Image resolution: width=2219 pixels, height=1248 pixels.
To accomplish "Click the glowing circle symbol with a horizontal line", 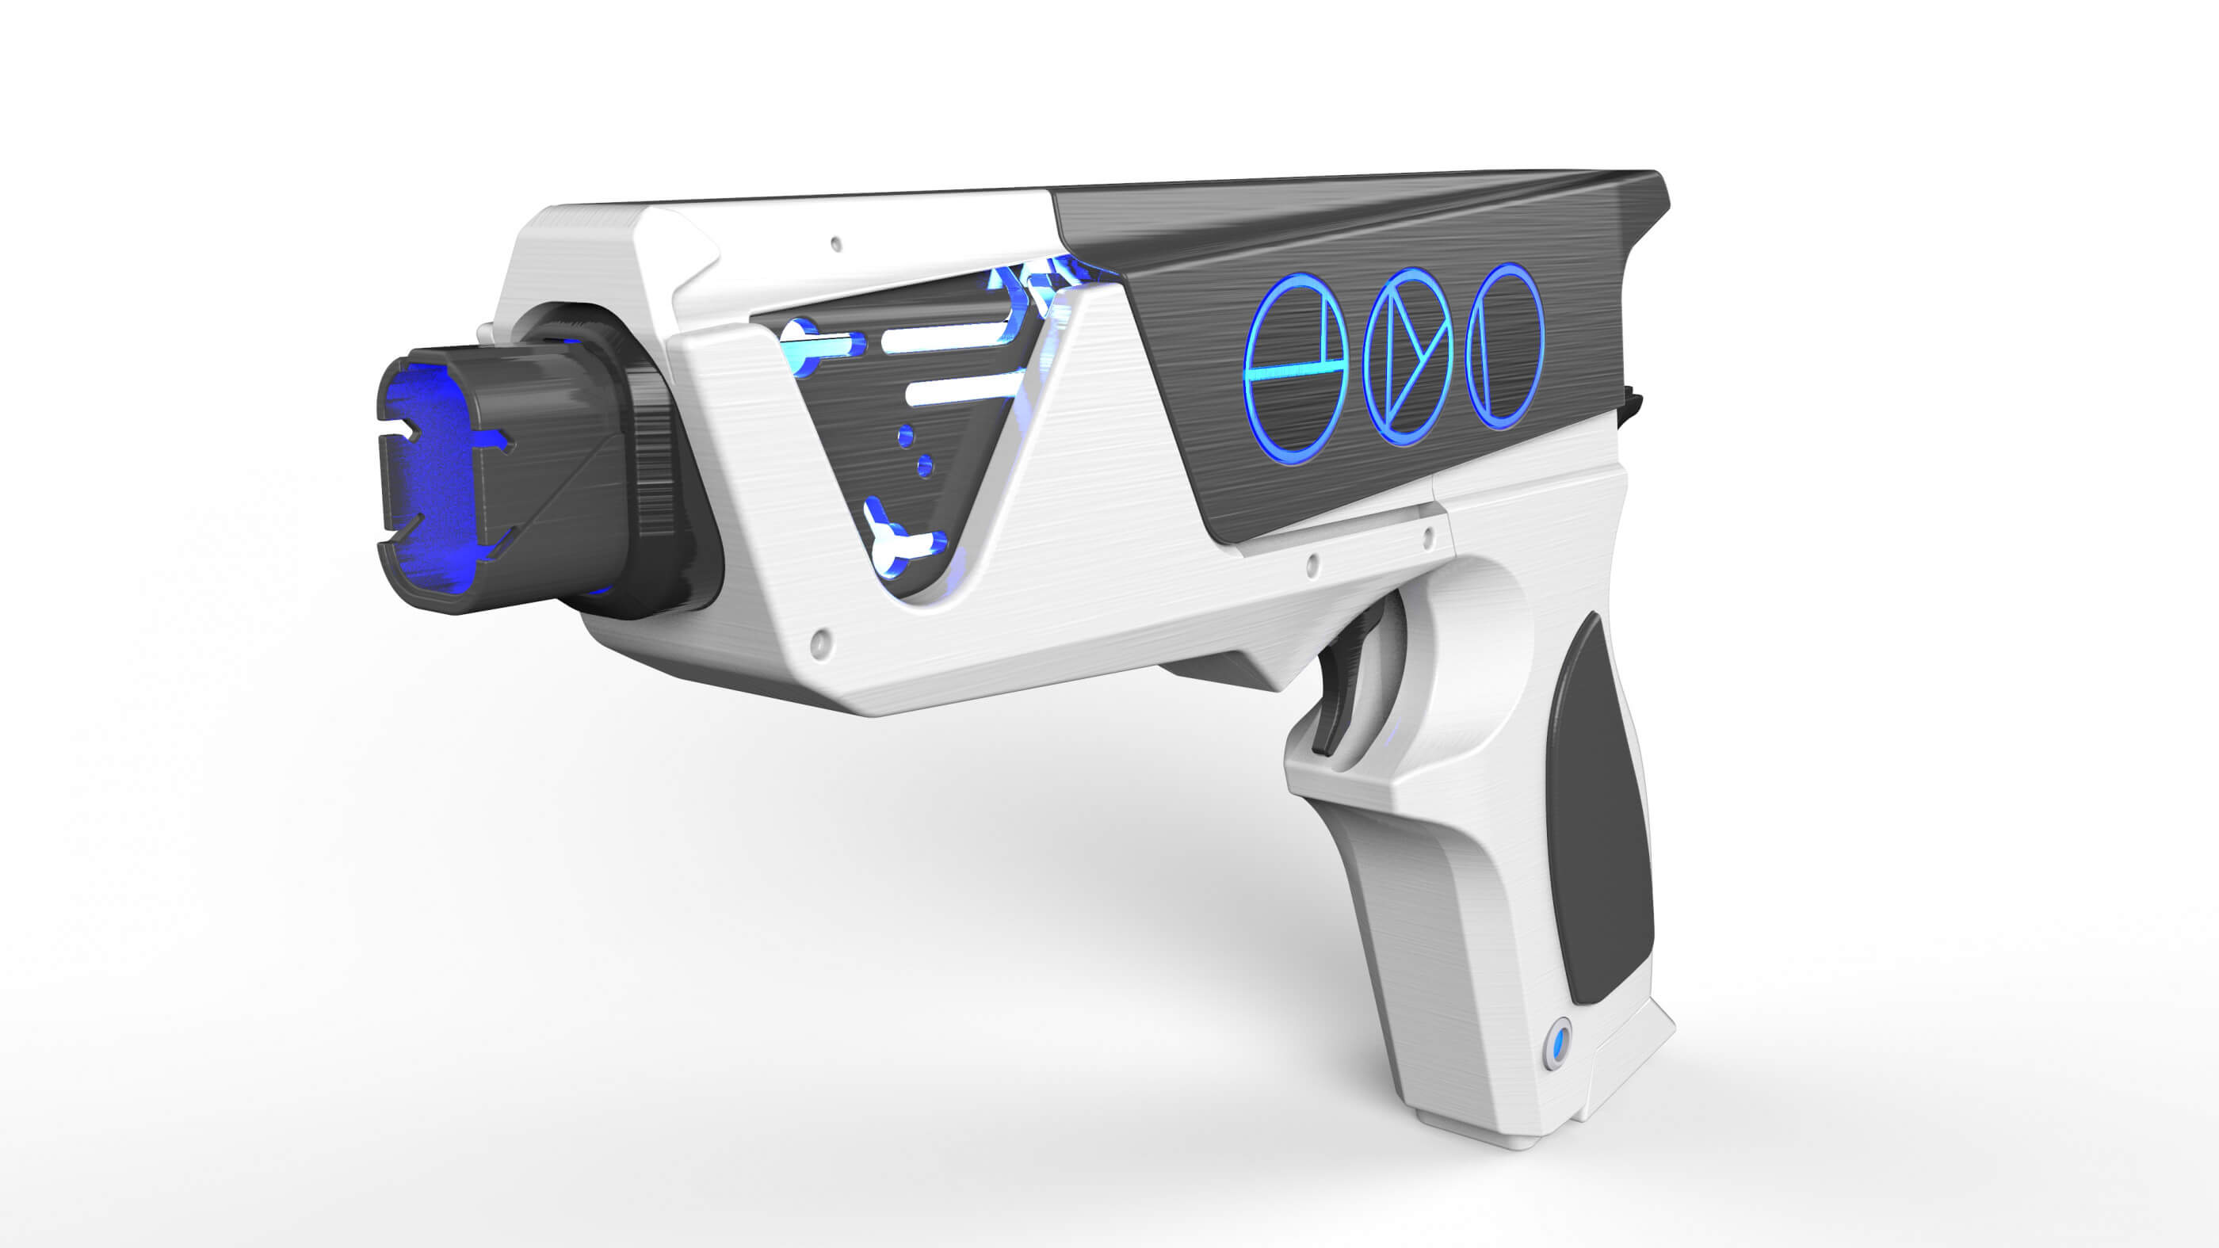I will (x=1296, y=368).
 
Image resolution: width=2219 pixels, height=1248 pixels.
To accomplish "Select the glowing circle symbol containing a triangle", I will (x=1408, y=357).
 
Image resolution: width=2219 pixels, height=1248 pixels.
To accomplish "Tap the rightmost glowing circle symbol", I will (x=1504, y=345).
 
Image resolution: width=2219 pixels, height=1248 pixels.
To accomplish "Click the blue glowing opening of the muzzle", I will (x=428, y=483).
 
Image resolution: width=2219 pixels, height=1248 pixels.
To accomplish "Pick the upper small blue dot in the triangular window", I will (x=905, y=436).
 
